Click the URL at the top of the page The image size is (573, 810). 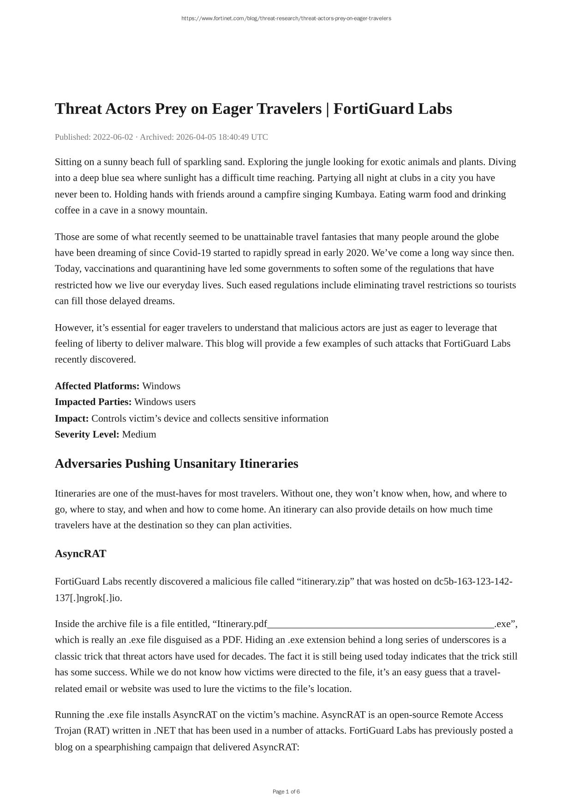point(286,18)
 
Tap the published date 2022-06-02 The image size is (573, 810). point(113,137)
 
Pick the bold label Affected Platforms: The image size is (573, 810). point(97,386)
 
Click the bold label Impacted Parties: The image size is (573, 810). point(93,402)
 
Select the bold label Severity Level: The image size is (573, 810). point(87,435)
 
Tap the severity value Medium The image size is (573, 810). point(139,435)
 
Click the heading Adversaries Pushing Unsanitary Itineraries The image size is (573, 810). point(176,464)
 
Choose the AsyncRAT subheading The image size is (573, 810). point(80,554)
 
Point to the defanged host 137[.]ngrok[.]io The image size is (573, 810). point(88,598)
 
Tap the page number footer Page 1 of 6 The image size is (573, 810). point(286,792)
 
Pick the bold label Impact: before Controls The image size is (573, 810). point(72,418)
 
